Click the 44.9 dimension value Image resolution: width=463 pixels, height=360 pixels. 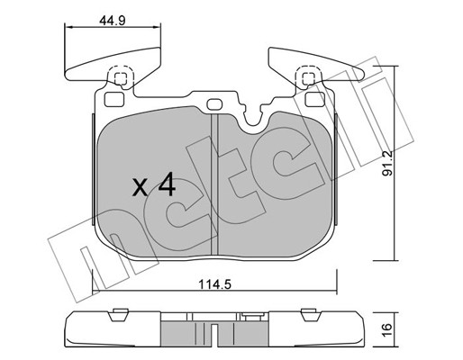113,21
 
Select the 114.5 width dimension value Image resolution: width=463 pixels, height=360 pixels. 215,284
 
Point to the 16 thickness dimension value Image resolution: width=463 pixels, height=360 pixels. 387,329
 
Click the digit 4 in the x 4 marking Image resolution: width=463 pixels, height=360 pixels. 167,184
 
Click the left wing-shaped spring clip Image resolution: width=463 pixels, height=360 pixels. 113,66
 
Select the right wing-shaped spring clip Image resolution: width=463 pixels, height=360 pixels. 316,66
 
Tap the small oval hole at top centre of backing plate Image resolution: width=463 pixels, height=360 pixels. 214,104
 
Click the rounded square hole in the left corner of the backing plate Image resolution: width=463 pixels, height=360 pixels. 114,99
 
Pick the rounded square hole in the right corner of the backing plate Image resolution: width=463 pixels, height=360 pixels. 315,99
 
